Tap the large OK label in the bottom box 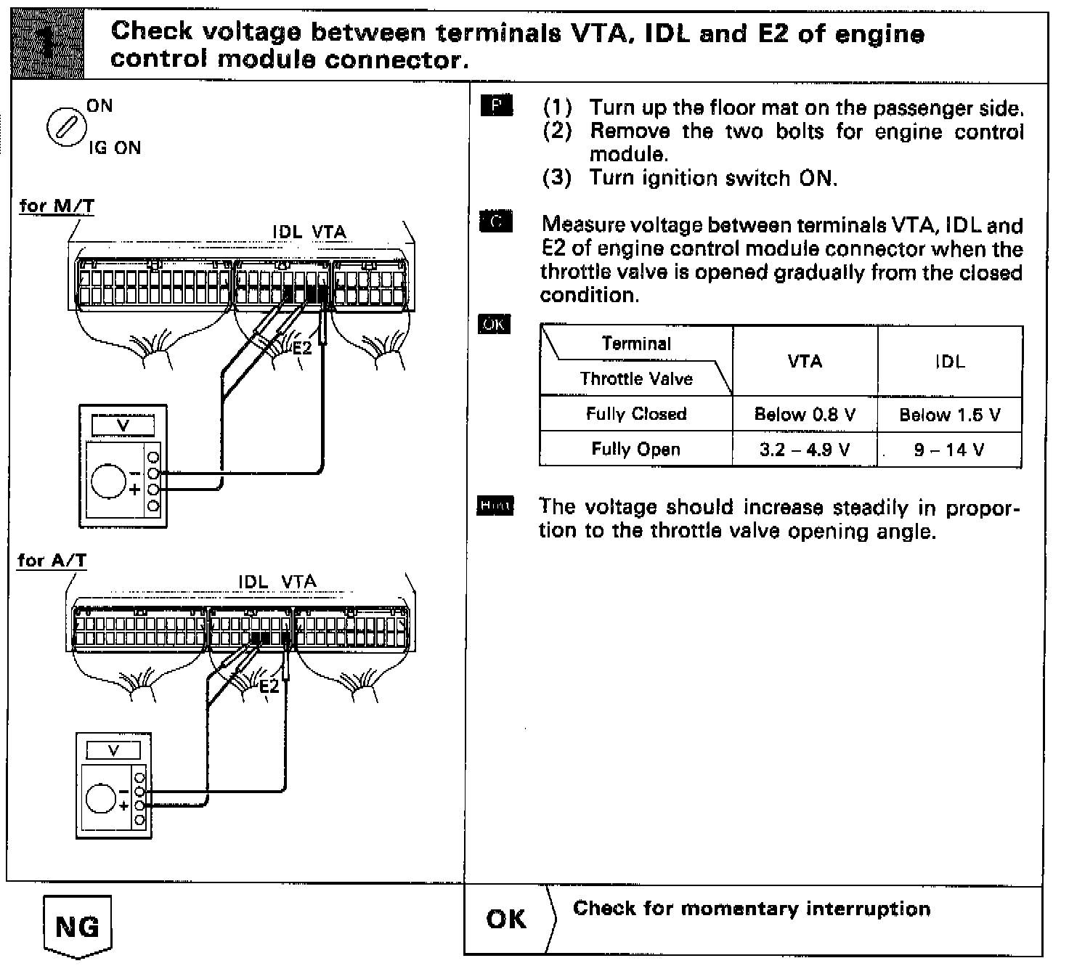[506, 919]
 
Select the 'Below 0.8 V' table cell [805, 414]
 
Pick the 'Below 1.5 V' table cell [949, 415]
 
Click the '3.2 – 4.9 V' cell [805, 449]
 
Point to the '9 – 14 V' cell [949, 450]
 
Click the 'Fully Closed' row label [636, 414]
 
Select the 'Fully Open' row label [636, 449]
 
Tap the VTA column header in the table [805, 361]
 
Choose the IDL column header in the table [949, 361]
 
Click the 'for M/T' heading [57, 206]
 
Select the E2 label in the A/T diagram [269, 686]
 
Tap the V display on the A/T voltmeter [113, 750]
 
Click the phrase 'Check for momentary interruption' [752, 909]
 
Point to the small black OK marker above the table [494, 325]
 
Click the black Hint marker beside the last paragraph [495, 506]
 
